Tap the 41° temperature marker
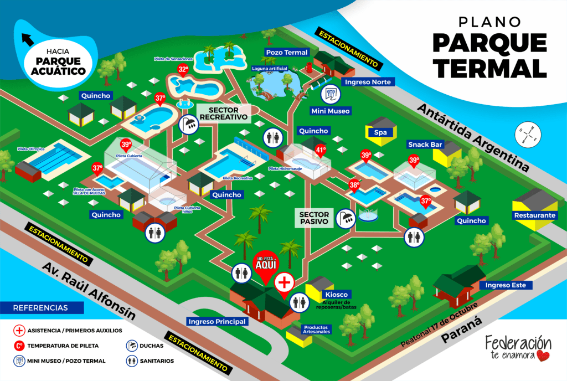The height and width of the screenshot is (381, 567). (321, 149)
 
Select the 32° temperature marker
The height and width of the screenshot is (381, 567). (183, 70)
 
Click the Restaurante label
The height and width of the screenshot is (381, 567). (534, 215)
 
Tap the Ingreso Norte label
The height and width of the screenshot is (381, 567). (368, 82)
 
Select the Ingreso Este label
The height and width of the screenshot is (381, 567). (509, 285)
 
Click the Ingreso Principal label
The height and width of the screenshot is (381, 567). (217, 321)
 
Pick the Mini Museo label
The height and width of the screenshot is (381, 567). (331, 111)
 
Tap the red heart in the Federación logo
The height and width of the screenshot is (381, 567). (544, 355)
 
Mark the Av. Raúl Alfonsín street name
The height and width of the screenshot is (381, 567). (89, 291)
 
